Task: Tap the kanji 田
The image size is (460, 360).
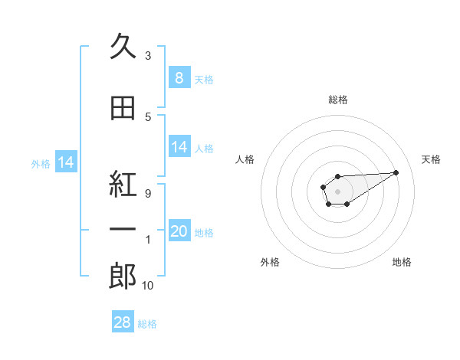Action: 123,109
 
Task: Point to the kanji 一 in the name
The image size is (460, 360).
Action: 123,229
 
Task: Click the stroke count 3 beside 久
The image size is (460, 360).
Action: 148,56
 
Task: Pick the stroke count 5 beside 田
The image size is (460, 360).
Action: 148,117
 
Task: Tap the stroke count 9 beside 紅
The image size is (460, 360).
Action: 148,194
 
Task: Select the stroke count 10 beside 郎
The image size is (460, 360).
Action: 148,286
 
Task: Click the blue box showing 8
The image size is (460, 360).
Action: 179,78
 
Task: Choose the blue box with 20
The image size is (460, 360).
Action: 179,232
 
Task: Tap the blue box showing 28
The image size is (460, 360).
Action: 123,322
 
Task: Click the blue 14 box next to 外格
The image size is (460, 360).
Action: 65,162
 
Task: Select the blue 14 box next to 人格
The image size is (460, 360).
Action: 179,148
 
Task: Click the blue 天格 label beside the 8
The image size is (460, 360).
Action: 204,80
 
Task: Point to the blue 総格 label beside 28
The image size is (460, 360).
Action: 147,324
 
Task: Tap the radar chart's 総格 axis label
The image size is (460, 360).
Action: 338,100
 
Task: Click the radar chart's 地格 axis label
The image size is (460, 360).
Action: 402,262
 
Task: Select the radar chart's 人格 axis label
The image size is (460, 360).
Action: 245,159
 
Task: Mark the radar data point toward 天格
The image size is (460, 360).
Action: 396,172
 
